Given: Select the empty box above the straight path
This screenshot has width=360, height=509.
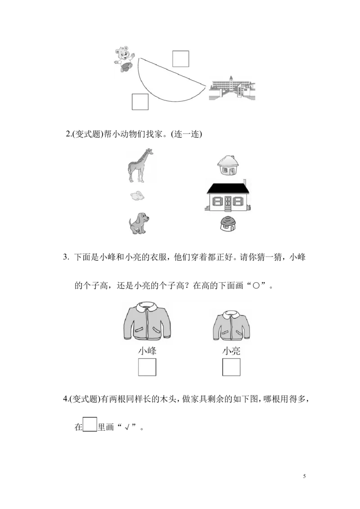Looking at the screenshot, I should click(180, 59).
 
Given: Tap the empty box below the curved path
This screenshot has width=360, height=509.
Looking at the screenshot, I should click(140, 102).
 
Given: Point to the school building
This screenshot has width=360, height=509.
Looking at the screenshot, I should click(232, 89).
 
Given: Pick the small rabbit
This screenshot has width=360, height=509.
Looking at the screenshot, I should click(137, 196).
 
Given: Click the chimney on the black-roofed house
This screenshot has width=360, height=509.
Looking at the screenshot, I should click(244, 181).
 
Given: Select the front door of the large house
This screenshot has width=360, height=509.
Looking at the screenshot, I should click(228, 202).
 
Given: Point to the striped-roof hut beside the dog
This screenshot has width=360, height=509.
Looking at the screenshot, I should click(228, 223).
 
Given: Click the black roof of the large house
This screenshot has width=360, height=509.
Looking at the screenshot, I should click(228, 188).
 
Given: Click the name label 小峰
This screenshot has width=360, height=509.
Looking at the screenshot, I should click(147, 351).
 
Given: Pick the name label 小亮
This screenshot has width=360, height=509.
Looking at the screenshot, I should click(231, 351).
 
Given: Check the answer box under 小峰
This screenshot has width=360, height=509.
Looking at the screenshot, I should click(147, 367).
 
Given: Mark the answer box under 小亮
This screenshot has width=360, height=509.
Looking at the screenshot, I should click(231, 367).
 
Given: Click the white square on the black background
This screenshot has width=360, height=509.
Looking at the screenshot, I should click(90, 424).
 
